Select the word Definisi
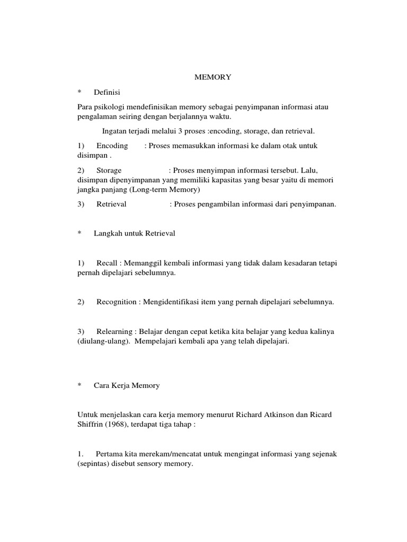point(108,92)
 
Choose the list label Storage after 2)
point(109,170)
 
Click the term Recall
point(107,263)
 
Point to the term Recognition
point(117,302)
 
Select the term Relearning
point(114,331)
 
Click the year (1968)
point(120,424)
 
